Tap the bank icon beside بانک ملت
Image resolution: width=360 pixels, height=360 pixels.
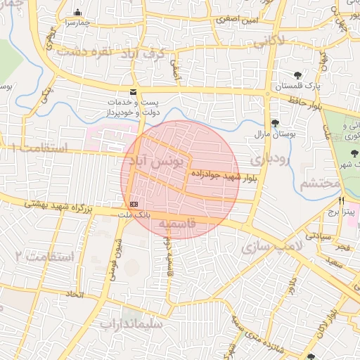(134, 205)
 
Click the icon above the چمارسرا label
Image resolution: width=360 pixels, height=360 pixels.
(77, 13)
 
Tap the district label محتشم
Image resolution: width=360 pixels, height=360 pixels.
(320, 184)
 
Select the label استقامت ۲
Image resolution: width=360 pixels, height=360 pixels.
(43, 255)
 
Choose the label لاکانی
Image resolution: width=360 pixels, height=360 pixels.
(267, 41)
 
